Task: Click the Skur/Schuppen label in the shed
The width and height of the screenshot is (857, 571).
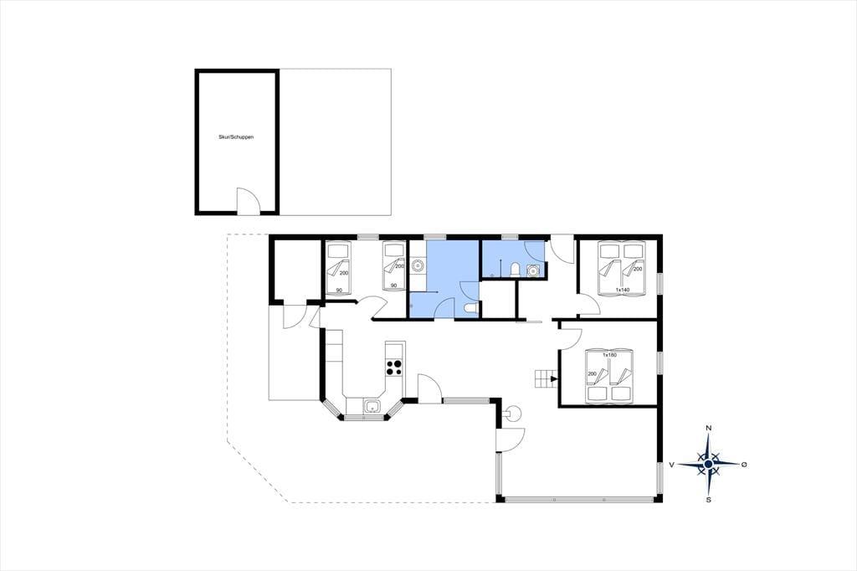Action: point(236,137)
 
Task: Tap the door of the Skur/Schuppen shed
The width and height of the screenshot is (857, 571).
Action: point(246,200)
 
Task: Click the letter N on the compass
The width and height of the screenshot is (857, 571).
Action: point(709,428)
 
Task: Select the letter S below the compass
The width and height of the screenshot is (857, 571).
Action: point(709,499)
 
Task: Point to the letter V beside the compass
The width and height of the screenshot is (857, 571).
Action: point(672,465)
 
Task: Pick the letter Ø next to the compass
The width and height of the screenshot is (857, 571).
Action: point(744,465)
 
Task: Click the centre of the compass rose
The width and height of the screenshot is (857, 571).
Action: point(709,464)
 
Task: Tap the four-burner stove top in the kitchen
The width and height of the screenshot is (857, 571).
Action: point(394,367)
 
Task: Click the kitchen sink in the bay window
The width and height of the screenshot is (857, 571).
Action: point(372,406)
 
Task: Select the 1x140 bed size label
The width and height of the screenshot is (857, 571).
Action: point(623,290)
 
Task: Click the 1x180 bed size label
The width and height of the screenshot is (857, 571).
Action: point(609,355)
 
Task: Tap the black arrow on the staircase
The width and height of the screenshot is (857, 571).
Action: point(554,378)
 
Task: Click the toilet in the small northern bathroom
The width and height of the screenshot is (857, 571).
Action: point(515,270)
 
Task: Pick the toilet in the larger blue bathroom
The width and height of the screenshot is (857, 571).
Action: point(470,309)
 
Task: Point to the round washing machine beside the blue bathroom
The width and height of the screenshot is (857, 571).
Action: point(418,265)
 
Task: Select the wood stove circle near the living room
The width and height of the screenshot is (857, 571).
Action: point(514,413)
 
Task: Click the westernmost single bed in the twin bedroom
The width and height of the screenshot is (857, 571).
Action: point(338,267)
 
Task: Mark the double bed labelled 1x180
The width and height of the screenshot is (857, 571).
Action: point(609,376)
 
